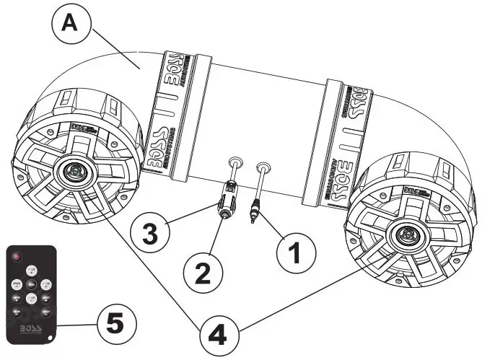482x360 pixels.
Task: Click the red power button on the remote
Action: [x=17, y=257]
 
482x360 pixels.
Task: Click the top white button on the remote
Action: [x=31, y=271]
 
